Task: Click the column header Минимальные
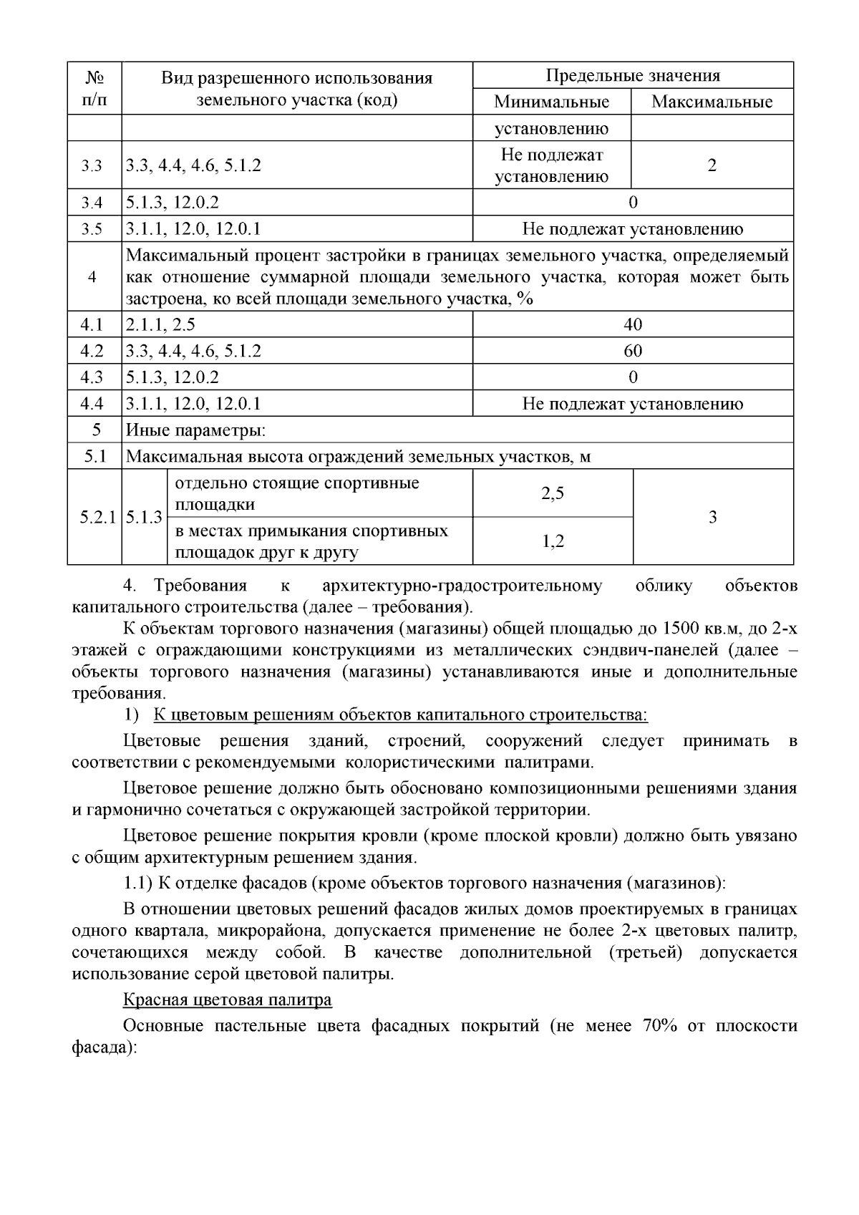[551, 102]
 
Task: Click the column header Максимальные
[712, 102]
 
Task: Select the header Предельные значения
[633, 76]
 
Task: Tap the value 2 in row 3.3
[712, 165]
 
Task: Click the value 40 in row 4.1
[633, 325]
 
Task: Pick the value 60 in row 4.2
[633, 351]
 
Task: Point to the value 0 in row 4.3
[633, 377]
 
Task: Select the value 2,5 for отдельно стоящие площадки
[553, 493]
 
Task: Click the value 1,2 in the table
[553, 541]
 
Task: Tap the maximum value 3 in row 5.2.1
[712, 517]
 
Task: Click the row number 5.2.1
[97, 517]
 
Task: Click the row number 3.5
[92, 229]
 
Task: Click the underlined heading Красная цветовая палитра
[227, 999]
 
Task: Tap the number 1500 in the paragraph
[684, 629]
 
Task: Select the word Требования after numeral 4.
[200, 586]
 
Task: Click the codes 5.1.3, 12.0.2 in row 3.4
[173, 203]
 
